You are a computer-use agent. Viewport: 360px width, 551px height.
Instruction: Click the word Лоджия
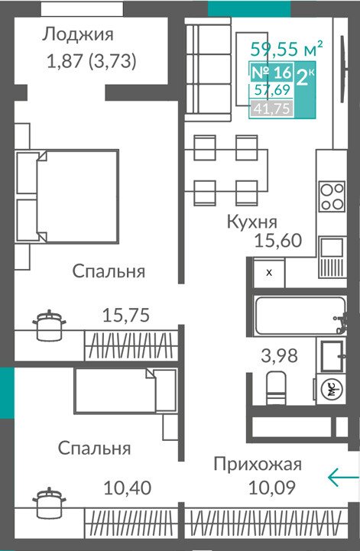(78, 35)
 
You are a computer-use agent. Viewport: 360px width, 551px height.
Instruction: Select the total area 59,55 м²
(287, 48)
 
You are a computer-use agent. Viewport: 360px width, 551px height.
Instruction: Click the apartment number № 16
(272, 72)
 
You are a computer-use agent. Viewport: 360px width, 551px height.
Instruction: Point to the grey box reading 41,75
(272, 109)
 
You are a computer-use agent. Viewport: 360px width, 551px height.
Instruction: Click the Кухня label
(251, 222)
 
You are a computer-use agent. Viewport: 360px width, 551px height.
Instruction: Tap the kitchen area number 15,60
(277, 241)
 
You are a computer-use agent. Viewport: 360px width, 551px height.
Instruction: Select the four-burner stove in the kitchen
(332, 196)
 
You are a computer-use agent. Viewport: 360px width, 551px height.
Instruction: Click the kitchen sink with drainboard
(332, 257)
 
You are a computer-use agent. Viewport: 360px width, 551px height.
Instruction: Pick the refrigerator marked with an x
(269, 273)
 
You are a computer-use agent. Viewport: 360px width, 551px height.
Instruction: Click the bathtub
(300, 316)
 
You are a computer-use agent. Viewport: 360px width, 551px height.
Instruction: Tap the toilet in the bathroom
(277, 388)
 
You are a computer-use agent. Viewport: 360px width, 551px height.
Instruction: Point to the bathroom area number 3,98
(279, 355)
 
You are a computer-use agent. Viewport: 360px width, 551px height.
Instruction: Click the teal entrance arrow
(343, 477)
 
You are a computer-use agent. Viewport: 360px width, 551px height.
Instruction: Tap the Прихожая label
(258, 465)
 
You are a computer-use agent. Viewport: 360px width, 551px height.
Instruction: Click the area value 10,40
(128, 488)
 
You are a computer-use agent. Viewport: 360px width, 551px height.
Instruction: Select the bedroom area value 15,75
(126, 315)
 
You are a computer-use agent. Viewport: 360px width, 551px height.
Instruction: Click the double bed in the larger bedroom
(66, 196)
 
